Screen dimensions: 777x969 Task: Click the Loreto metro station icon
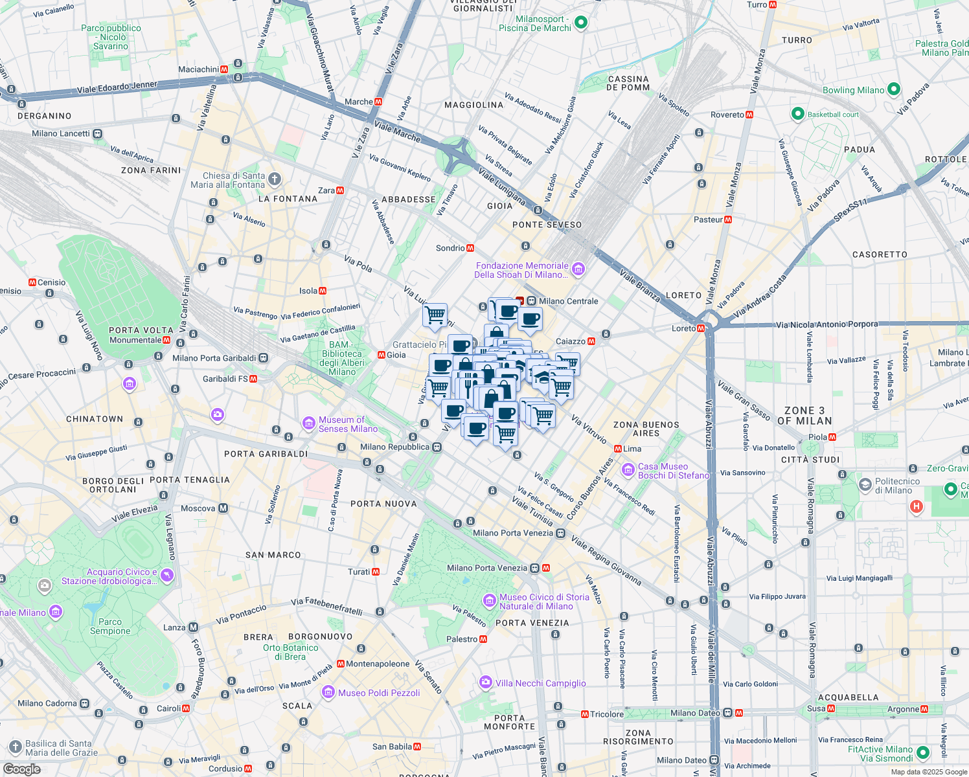click(x=701, y=328)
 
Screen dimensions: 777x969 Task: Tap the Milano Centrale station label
click(x=568, y=301)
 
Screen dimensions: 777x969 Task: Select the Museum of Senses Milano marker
click(x=309, y=423)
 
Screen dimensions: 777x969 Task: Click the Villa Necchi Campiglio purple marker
click(x=485, y=682)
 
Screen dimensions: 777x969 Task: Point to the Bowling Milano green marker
click(x=894, y=89)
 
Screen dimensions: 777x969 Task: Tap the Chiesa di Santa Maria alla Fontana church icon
click(x=275, y=179)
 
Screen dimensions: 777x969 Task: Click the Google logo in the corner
click(x=21, y=769)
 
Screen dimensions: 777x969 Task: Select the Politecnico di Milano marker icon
click(x=865, y=485)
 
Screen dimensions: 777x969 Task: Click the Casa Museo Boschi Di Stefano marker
click(x=628, y=469)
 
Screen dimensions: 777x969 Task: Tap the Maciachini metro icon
click(x=224, y=69)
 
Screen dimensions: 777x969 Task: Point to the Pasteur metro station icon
click(x=728, y=220)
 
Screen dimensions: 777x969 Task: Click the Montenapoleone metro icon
click(x=340, y=664)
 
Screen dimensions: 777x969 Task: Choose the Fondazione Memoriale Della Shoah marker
click(x=578, y=269)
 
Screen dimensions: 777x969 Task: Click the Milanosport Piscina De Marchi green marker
click(x=581, y=23)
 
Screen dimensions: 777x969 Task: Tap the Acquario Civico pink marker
click(x=167, y=576)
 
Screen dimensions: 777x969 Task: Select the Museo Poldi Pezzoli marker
click(x=328, y=692)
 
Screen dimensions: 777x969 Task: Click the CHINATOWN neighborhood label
click(x=95, y=419)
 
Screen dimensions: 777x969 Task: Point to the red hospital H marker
click(x=916, y=506)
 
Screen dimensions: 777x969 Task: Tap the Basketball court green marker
click(x=798, y=114)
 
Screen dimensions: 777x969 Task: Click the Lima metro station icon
click(x=618, y=449)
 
